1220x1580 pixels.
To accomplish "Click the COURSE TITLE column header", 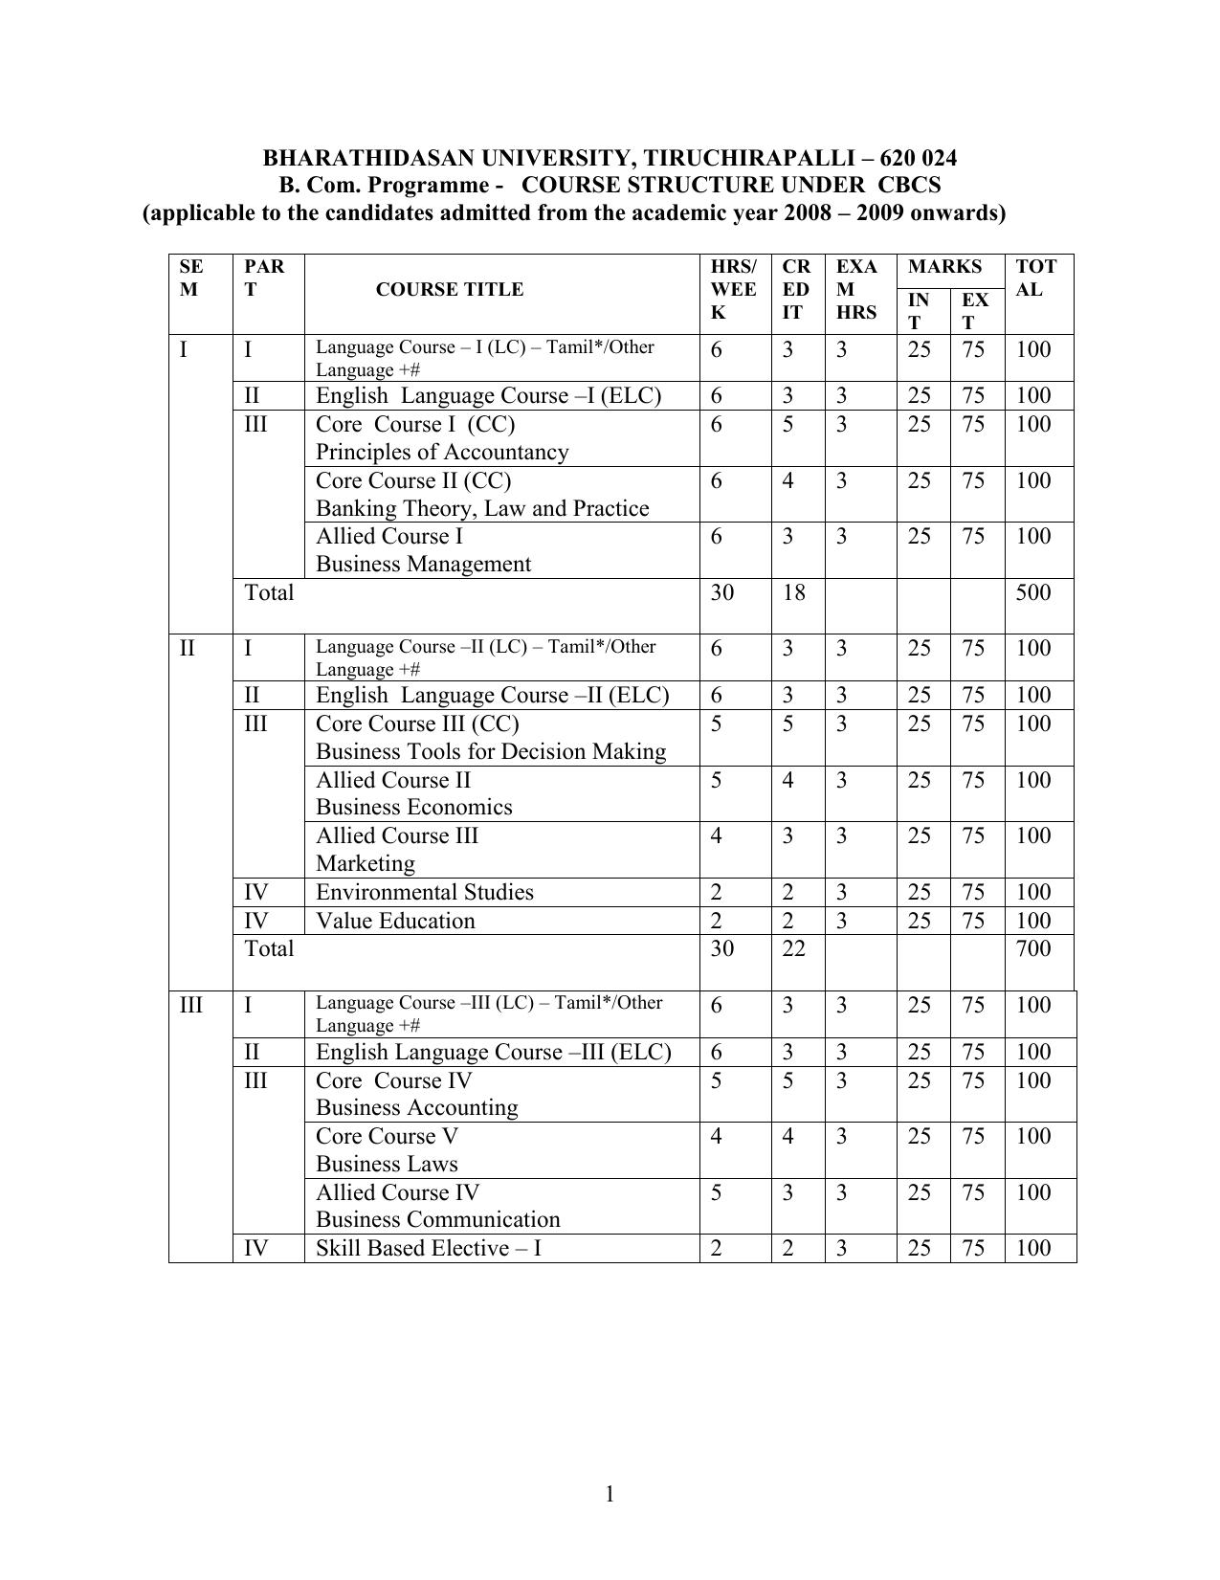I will pos(449,290).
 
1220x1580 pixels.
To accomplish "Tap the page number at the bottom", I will pos(609,1494).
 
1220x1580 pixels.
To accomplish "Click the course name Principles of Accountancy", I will pos(442,452).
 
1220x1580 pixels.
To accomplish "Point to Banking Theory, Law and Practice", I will pos(482,508).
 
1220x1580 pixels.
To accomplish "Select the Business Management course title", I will pos(423,564).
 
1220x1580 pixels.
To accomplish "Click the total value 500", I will pos(1033,592).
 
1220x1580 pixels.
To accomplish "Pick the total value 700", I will pos(1033,948).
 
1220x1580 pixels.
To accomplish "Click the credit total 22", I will pos(793,948).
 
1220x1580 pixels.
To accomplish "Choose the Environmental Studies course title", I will pos(425,892).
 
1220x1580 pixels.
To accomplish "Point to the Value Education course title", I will pos(395,921).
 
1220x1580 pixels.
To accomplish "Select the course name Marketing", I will pos(366,863).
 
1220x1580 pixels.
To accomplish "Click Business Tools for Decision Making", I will pos(491,751).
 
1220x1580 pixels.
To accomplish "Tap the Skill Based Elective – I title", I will pos(429,1248).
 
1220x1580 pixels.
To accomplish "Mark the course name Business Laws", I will pos(387,1164).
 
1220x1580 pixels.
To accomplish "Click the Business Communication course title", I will pos(438,1219).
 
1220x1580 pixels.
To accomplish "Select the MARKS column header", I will pos(944,267).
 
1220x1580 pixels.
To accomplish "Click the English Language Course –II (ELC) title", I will pos(492,695).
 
